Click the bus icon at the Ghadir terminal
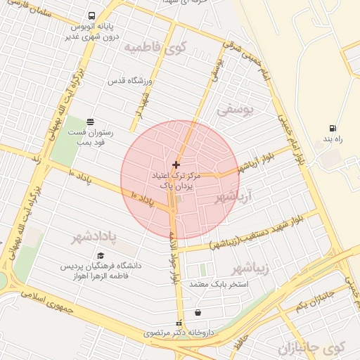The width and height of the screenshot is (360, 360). click(x=92, y=16)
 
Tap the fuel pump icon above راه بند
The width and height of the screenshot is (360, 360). click(x=332, y=129)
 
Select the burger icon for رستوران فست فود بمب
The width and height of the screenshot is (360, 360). click(x=89, y=121)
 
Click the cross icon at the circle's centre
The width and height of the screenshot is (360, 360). click(x=176, y=165)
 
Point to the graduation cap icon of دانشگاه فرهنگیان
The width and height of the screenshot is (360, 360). click(x=101, y=256)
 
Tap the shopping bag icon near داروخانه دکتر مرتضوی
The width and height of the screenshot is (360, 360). click(x=198, y=313)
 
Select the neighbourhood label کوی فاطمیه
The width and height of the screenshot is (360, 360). click(x=154, y=47)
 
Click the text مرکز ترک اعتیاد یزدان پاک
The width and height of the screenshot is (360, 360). click(x=175, y=181)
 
